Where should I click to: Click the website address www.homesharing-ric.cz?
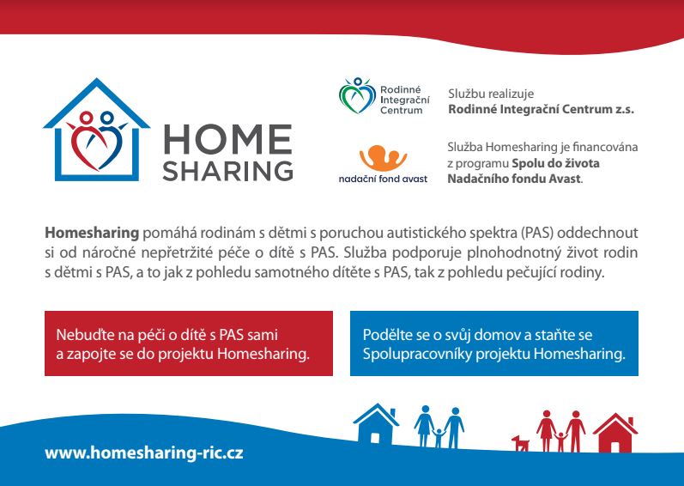point(144,453)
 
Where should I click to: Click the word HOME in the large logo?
point(227,139)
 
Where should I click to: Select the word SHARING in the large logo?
point(227,171)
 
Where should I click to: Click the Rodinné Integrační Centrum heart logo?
point(357,96)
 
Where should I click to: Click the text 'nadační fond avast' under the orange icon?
point(383,179)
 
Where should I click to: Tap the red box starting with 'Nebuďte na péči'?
point(189,343)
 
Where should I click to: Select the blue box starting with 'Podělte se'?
point(494,343)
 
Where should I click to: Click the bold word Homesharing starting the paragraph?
point(92,233)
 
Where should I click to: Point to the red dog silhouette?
point(520,443)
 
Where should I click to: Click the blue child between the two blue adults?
point(439,438)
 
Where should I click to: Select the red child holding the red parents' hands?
point(560,441)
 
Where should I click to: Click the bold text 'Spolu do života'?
point(555,163)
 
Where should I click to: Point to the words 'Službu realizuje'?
point(491,94)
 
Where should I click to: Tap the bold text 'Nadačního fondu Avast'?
point(514,179)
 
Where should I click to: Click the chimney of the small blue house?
point(392,413)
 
